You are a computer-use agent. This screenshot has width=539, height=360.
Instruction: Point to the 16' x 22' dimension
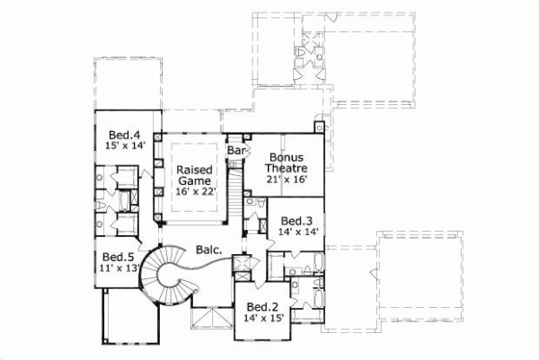pos(194,191)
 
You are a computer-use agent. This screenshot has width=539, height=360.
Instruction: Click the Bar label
pos(236,150)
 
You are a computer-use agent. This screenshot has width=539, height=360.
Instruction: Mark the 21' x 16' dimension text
pos(286,180)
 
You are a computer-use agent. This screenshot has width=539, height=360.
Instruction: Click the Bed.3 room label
pos(296,220)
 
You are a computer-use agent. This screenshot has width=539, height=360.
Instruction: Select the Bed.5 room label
pos(117,255)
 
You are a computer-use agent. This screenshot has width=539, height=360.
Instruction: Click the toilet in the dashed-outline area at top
pos(299,58)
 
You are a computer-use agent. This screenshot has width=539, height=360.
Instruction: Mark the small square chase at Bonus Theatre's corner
pos(316,127)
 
